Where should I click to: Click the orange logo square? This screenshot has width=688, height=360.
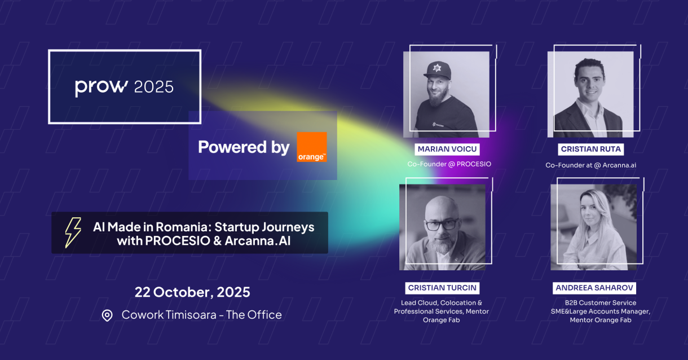tap(312, 147)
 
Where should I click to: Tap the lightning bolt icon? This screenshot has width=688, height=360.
tap(73, 232)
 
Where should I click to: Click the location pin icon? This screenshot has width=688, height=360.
tap(107, 315)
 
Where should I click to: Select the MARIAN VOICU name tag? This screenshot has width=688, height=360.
tap(447, 149)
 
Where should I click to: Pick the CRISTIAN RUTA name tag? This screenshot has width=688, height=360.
tap(590, 149)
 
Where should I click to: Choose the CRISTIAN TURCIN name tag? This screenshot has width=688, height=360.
tap(442, 288)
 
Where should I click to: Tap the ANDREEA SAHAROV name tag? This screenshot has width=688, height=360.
tap(594, 288)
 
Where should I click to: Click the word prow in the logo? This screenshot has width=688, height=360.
tap(102, 87)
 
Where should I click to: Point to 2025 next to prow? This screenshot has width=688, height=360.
tap(154, 87)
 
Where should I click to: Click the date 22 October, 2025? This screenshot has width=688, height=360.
tap(192, 292)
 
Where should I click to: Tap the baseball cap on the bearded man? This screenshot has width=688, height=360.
tap(438, 71)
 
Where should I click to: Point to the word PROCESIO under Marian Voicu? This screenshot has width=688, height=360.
tap(474, 164)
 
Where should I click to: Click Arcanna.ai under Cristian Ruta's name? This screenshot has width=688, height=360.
tap(619, 165)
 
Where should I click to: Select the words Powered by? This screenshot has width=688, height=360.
tap(244, 147)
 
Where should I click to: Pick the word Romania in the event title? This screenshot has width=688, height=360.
tap(184, 227)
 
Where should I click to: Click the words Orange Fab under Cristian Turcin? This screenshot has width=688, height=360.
tap(442, 320)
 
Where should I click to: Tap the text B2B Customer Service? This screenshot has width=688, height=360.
tap(601, 303)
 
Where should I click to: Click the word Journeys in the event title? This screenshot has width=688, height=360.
tap(288, 228)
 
